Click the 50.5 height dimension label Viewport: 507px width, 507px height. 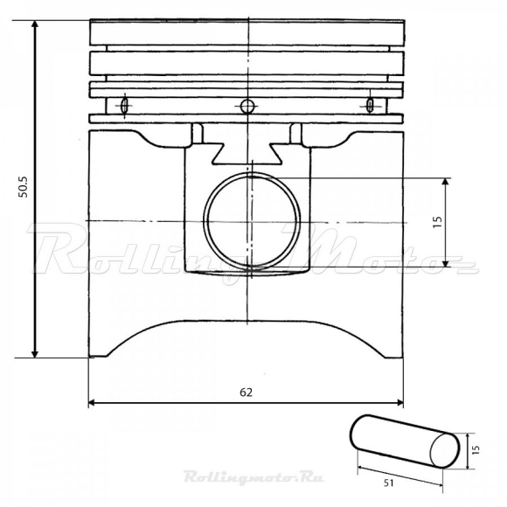(x=23, y=187)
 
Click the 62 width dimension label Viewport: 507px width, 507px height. (x=246, y=392)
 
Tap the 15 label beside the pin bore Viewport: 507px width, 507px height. (x=437, y=222)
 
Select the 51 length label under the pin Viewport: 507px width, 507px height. (x=389, y=483)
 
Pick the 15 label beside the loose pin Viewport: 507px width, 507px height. (x=476, y=450)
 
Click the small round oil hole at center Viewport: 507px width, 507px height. (x=247, y=106)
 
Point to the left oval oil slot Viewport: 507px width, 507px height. (x=124, y=105)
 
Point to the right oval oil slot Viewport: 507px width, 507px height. (x=369, y=105)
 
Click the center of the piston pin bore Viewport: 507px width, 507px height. (x=252, y=221)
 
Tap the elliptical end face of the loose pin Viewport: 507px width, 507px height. (x=445, y=450)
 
